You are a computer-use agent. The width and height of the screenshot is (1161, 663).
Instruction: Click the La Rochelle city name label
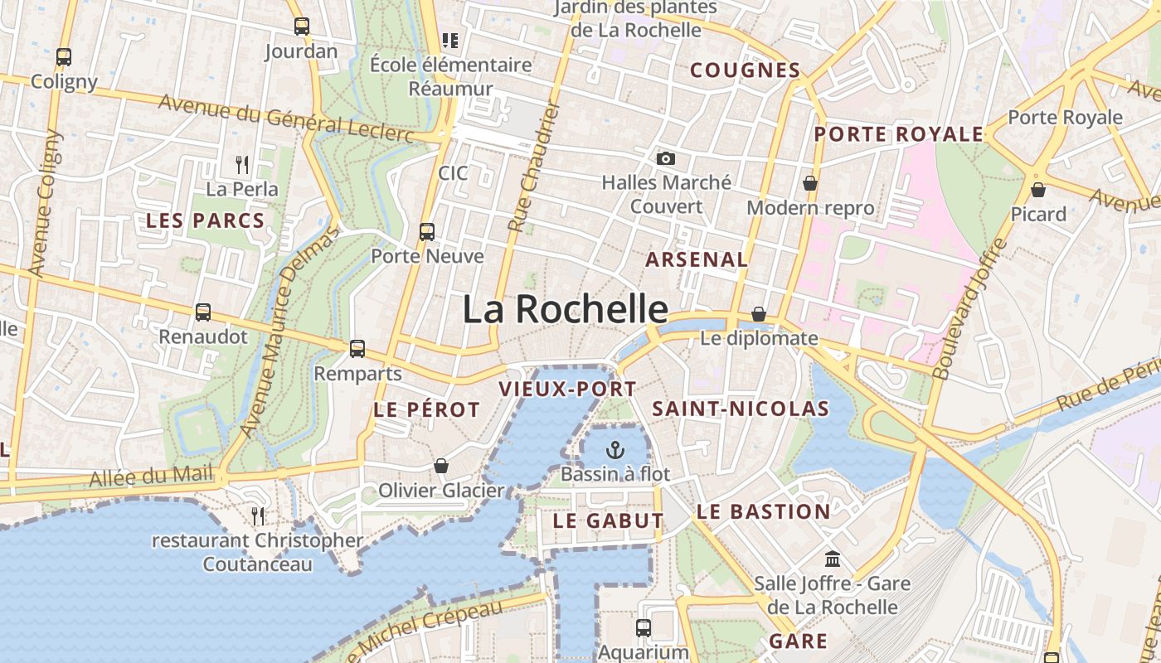pyautogui.click(x=565, y=309)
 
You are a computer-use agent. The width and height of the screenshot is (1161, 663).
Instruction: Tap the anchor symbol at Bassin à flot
pyautogui.click(x=615, y=450)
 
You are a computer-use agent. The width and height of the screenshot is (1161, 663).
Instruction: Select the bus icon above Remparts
pyautogui.click(x=357, y=349)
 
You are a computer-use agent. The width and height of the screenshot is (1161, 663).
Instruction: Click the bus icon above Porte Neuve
pyautogui.click(x=427, y=232)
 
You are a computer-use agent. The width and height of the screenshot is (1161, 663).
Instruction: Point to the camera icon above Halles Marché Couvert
pyautogui.click(x=665, y=158)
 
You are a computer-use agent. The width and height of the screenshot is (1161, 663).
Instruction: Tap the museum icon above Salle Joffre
pyautogui.click(x=832, y=559)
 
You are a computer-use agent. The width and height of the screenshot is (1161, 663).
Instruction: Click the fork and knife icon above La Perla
pyautogui.click(x=242, y=164)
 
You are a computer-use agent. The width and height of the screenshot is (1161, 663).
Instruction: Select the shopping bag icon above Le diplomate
pyautogui.click(x=759, y=314)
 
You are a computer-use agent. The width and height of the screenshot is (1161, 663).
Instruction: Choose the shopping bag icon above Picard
pyautogui.click(x=1037, y=190)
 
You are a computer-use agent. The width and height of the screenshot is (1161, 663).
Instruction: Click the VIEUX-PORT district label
pyautogui.click(x=567, y=389)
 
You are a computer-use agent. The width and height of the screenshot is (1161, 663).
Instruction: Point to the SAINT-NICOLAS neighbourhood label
pyautogui.click(x=741, y=409)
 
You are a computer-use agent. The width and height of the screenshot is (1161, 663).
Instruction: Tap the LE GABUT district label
pyautogui.click(x=609, y=521)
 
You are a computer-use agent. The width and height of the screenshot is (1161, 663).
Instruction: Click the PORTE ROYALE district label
pyautogui.click(x=899, y=134)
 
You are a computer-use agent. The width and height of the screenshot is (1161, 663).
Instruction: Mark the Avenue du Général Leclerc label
pyautogui.click(x=285, y=117)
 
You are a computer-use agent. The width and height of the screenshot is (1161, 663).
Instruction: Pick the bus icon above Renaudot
pyautogui.click(x=203, y=312)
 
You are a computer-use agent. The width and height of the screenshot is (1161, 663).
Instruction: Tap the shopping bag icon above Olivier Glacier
pyautogui.click(x=441, y=467)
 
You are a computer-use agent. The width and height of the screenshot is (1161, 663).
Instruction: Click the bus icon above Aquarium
pyautogui.click(x=644, y=628)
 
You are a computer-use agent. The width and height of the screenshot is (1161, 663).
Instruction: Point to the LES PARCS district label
pyautogui.click(x=205, y=221)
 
